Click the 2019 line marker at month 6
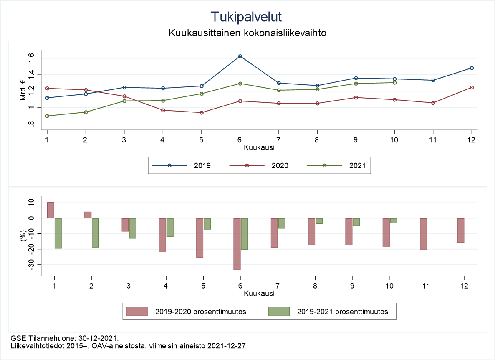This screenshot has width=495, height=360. point(240,56)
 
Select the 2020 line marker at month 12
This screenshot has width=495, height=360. point(472,87)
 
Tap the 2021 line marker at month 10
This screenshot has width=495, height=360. point(394,83)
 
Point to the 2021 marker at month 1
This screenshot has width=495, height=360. point(47,116)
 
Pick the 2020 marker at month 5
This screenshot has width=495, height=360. point(202,113)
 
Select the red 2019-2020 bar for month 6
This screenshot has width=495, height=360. point(237,244)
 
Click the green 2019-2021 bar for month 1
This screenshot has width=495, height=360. point(58,233)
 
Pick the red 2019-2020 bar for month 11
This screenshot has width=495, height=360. point(423,234)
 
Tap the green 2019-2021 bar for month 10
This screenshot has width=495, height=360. point(394,221)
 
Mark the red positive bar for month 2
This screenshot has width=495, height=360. point(88,215)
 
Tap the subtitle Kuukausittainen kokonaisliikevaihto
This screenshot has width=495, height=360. point(247,33)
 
